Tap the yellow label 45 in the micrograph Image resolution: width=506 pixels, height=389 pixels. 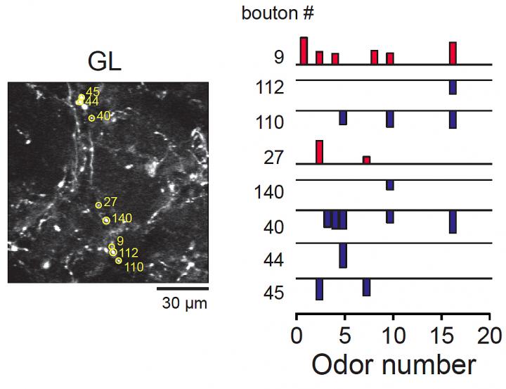pyautogui.click(x=93, y=92)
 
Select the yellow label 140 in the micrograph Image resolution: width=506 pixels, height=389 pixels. pyautogui.click(x=122, y=219)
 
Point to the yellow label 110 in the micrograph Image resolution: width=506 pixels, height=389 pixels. pyautogui.click(x=134, y=267)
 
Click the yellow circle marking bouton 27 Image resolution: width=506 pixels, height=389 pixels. pyautogui.click(x=98, y=205)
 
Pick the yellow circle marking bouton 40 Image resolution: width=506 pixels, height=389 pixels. pyautogui.click(x=91, y=118)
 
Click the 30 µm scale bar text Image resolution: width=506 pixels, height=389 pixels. pyautogui.click(x=182, y=304)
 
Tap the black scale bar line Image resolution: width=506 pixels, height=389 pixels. pyautogui.click(x=182, y=288)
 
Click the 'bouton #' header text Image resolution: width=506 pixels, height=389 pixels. pyautogui.click(x=270, y=13)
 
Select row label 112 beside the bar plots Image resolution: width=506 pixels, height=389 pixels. pyautogui.click(x=270, y=88)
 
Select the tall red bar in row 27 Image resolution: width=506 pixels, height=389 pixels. pyautogui.click(x=319, y=152)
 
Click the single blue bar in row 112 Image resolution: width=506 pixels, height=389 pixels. pyautogui.click(x=453, y=87)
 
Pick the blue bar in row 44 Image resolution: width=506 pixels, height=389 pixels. pyautogui.click(x=343, y=255)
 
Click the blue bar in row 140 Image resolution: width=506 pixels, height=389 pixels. pyautogui.click(x=389, y=185)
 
